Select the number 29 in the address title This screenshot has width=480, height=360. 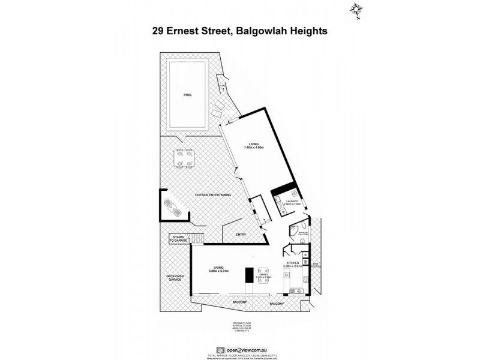160,31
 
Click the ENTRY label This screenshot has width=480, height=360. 241,235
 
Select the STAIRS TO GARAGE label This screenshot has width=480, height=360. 179,238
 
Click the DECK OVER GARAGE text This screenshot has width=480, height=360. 175,277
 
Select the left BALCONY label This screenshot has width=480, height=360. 239,302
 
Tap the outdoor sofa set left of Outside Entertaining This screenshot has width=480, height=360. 172,207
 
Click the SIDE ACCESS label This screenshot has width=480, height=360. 316,265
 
